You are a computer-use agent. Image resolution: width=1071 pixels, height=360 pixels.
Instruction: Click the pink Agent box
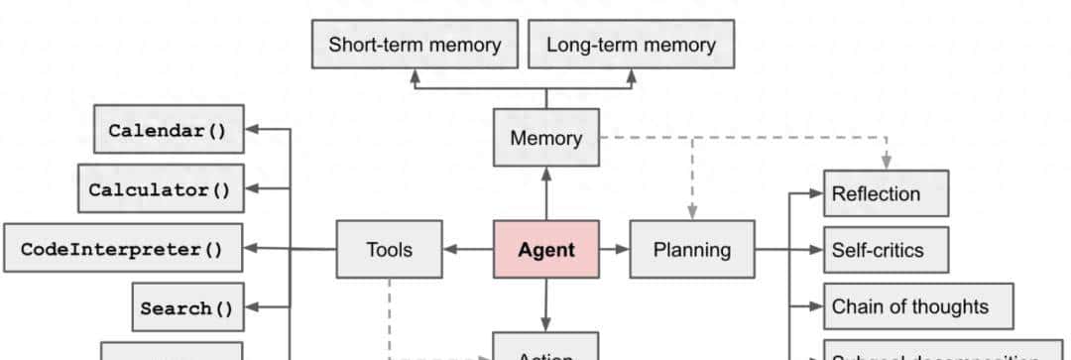[545, 249]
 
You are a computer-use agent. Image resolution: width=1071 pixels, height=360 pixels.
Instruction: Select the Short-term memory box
[415, 46]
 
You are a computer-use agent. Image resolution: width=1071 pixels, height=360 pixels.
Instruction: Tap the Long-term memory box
[631, 46]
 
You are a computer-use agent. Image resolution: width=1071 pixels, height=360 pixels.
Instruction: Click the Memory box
[545, 138]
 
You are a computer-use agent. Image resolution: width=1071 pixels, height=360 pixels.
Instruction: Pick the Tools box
[389, 249]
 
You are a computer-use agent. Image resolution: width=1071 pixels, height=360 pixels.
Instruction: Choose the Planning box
[691, 249]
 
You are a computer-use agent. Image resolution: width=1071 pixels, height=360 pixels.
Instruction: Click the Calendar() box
[169, 130]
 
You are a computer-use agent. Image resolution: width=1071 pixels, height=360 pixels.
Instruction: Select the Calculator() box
[161, 188]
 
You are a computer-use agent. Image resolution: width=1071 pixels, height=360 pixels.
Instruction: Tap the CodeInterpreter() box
[123, 249]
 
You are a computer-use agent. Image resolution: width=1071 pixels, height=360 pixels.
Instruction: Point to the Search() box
[187, 307]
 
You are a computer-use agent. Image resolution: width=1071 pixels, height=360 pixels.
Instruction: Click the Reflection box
[886, 193]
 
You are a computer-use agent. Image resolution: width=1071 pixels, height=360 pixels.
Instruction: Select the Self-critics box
[886, 250]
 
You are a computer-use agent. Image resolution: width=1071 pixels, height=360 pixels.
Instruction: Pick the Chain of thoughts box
[918, 306]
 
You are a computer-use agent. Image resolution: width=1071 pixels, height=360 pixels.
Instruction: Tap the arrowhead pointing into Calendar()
[251, 130]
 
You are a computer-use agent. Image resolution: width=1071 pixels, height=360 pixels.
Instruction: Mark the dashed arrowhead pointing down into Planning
[692, 211]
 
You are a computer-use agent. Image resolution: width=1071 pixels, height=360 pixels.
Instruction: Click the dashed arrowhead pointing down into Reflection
[887, 162]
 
